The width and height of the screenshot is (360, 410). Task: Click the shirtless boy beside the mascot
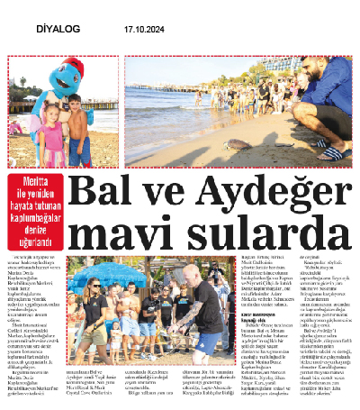click(x=78, y=126)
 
